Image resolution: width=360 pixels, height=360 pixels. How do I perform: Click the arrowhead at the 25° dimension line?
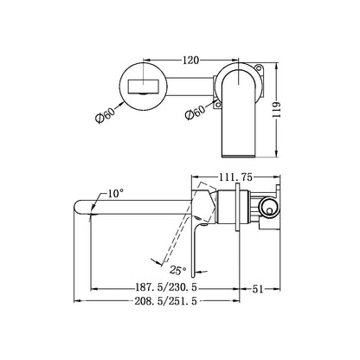click(152, 260)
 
